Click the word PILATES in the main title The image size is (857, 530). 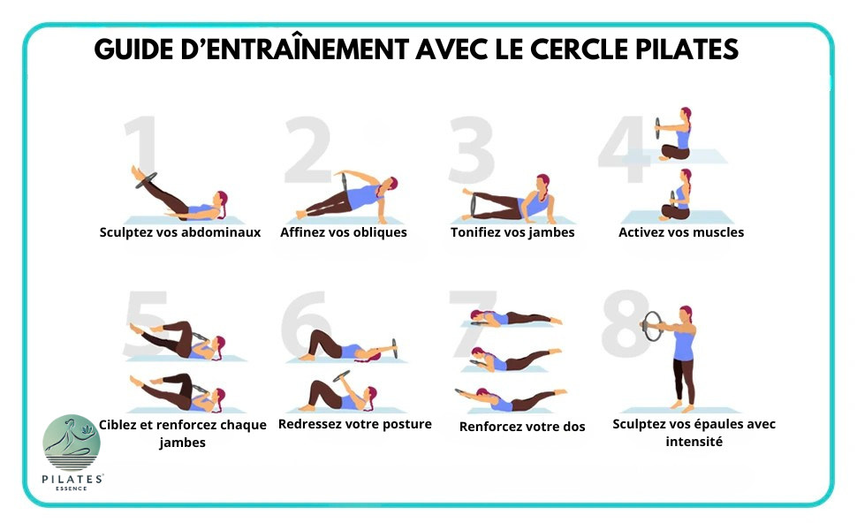coord(686,49)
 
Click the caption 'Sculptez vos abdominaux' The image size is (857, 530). coord(179,233)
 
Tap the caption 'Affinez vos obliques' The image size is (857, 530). coord(344,233)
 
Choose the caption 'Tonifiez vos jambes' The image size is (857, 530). coord(512,233)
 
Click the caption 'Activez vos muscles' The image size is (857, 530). coord(681,233)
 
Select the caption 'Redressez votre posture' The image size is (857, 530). coord(355,424)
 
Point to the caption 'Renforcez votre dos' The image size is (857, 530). coord(522,427)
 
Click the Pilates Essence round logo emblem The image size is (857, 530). coord(72,443)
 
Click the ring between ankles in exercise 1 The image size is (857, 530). coord(145,181)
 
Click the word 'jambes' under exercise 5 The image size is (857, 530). coord(183,443)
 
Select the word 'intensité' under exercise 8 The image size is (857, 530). coord(694,442)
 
